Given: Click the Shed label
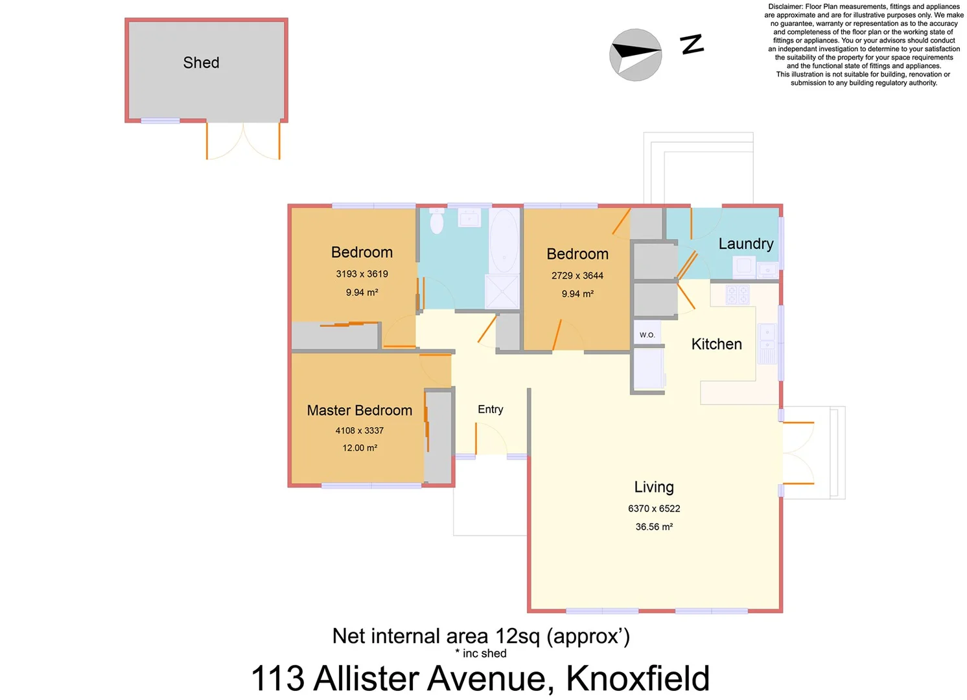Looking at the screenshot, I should (x=201, y=63).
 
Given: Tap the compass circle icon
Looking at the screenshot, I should (x=635, y=55).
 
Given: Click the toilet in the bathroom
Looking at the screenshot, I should (x=437, y=222).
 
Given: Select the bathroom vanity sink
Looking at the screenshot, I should (x=469, y=218).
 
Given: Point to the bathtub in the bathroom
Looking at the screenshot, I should (x=504, y=240).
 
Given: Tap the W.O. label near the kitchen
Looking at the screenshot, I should (x=647, y=334).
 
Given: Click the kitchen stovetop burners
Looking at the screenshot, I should (x=738, y=295).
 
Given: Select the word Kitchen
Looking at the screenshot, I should (x=716, y=344).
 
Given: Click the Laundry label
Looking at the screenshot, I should (x=745, y=244).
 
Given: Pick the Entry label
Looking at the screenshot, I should (x=490, y=410).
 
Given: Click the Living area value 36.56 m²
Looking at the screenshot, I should (x=654, y=527).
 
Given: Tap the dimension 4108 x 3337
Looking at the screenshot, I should (x=359, y=430).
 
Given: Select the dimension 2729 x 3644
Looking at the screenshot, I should (x=577, y=275).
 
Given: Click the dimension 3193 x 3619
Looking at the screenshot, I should (x=362, y=274).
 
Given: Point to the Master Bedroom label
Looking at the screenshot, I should (x=359, y=410).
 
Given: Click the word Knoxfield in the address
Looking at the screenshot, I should (x=638, y=679).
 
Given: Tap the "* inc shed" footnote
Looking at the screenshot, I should (x=480, y=653).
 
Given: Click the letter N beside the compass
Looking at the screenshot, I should (x=692, y=44).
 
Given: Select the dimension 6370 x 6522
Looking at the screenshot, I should (x=654, y=509).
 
